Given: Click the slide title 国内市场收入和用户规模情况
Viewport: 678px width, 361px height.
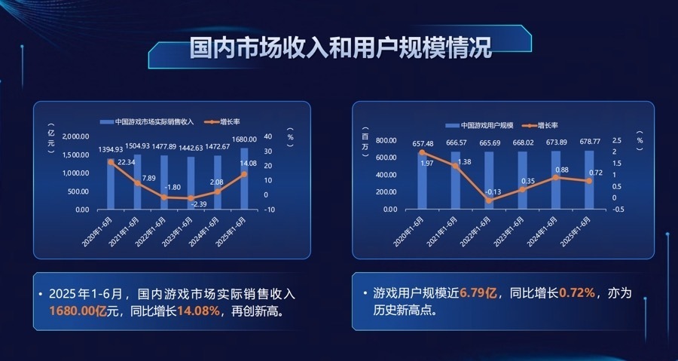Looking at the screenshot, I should (x=340, y=49).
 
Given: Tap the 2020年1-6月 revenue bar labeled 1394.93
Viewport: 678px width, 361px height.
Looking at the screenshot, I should (x=111, y=185).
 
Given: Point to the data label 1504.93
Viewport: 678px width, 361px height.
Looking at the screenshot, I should (x=137, y=145).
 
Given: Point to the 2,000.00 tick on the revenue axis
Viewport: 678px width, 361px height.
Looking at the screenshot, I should (x=75, y=136).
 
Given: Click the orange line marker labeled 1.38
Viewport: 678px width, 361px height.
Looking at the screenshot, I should (x=456, y=166).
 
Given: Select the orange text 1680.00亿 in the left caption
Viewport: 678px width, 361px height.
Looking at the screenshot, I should (x=78, y=311).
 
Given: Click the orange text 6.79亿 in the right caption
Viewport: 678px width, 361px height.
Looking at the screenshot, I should (x=478, y=292).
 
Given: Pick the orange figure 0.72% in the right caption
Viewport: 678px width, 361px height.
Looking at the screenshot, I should (x=576, y=292).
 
